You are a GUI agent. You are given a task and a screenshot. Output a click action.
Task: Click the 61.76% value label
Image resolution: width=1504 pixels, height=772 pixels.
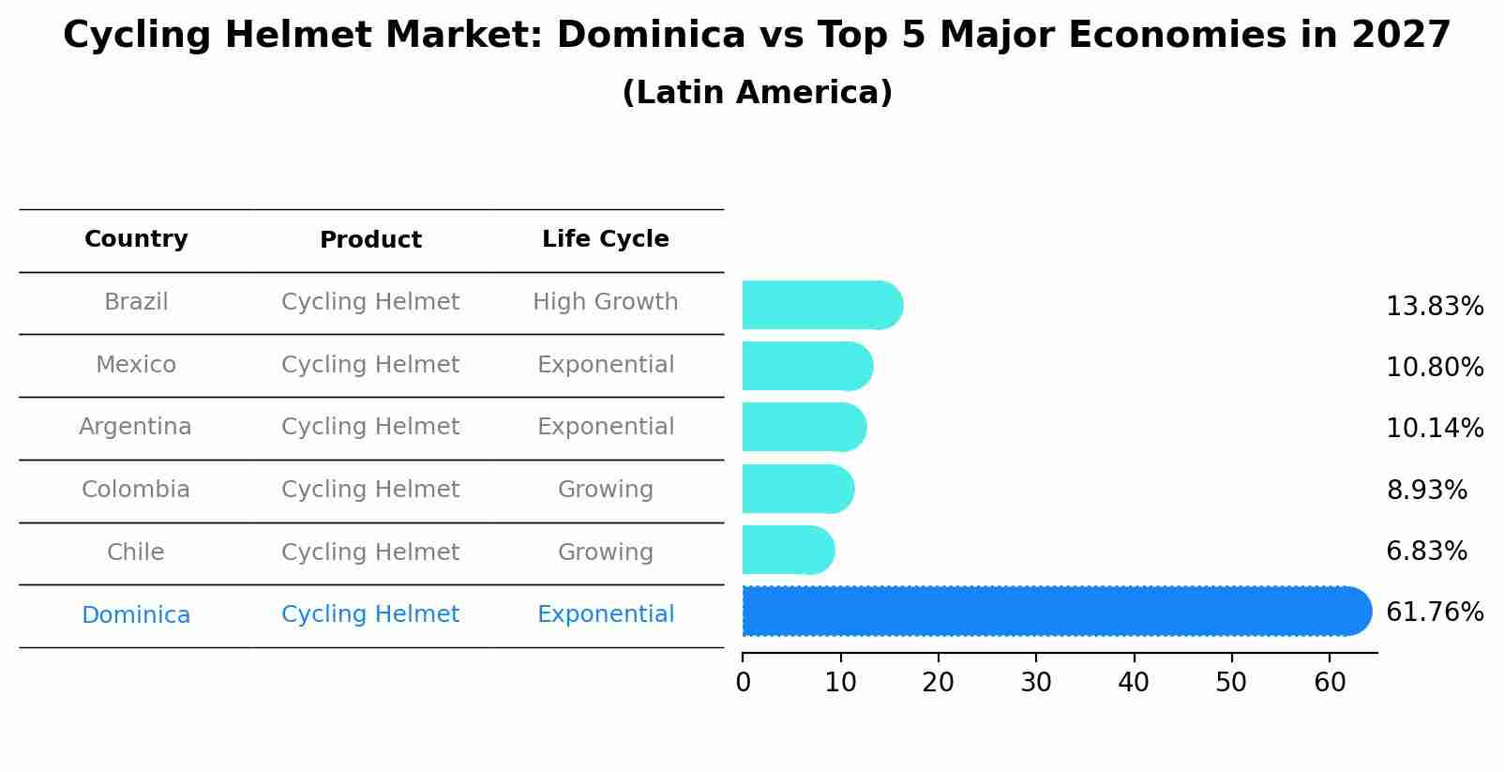coord(1434,613)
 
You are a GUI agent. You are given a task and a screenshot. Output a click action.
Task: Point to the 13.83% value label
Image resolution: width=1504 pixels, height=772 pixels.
coord(1434,307)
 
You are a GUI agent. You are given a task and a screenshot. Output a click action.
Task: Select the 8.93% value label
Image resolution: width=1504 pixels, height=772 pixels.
coord(1426,490)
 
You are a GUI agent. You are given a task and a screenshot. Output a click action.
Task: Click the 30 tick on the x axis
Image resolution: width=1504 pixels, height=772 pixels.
coord(1036,683)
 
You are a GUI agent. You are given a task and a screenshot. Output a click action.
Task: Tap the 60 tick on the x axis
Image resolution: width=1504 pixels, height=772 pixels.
coord(1330,683)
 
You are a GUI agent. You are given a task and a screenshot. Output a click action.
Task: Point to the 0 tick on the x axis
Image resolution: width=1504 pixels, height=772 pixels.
coord(744,683)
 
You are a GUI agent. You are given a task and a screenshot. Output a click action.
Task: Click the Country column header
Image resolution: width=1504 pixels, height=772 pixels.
coord(136,239)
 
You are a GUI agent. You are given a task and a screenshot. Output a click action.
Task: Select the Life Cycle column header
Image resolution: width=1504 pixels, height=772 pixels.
coord(605,239)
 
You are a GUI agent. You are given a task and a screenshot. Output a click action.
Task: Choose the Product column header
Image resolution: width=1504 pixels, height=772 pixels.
coord(370,240)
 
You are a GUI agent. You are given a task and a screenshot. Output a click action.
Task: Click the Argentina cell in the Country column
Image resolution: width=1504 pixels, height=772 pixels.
coord(135,427)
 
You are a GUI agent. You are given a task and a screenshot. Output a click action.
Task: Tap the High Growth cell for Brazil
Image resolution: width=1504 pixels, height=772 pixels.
coord(605,302)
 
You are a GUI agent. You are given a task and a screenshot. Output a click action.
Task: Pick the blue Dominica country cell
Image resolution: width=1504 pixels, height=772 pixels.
coord(135,615)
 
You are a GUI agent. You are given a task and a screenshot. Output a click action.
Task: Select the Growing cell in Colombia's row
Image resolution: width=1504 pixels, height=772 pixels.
coord(605,490)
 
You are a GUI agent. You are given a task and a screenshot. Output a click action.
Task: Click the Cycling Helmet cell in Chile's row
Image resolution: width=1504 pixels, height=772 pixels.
coord(370,553)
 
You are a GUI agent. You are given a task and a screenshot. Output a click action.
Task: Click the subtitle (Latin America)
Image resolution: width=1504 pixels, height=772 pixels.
coord(757,93)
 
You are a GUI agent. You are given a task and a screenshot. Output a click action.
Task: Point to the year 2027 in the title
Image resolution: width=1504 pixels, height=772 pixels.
coord(1400,36)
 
